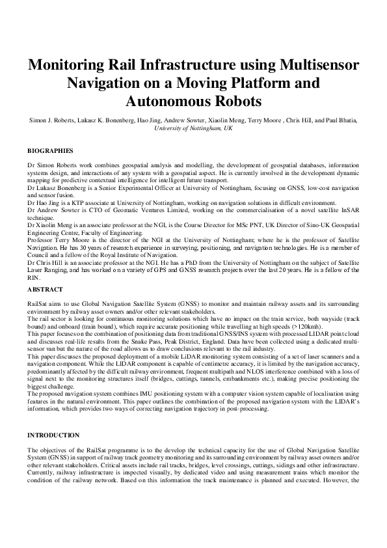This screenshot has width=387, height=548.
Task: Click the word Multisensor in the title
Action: click(319, 65)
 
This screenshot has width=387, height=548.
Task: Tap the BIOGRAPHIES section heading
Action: click(50, 150)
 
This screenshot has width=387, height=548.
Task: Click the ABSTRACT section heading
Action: click(45, 288)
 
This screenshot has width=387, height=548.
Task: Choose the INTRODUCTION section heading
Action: click(53, 435)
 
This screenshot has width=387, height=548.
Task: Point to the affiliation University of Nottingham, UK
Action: click(193, 129)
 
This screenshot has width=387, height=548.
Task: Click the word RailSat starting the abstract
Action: click(37, 303)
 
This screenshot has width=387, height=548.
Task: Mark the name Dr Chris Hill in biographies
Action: click(43, 262)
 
